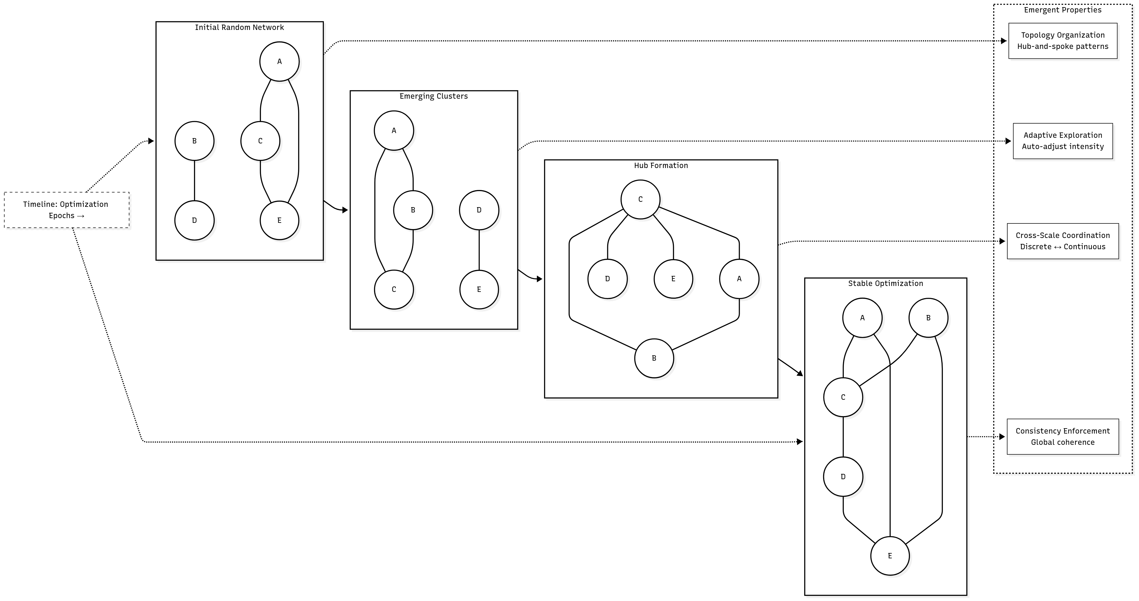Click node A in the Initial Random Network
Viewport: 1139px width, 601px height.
[x=279, y=61]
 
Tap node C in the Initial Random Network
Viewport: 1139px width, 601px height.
[x=260, y=141]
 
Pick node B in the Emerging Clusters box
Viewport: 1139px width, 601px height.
[x=413, y=210]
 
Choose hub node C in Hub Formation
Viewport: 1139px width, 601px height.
[x=640, y=199]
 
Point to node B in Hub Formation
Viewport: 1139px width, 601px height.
[x=654, y=358]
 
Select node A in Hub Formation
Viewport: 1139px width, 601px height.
[x=739, y=279]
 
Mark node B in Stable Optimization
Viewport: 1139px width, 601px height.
[x=928, y=318]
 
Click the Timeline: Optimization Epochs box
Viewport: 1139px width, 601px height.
[x=66, y=210]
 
